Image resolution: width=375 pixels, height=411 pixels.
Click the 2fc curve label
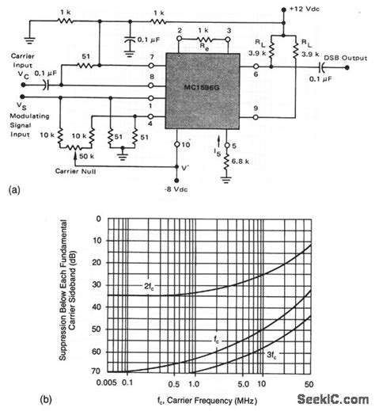coord(148,284)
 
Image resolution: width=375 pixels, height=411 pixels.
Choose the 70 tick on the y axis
coord(96,371)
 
